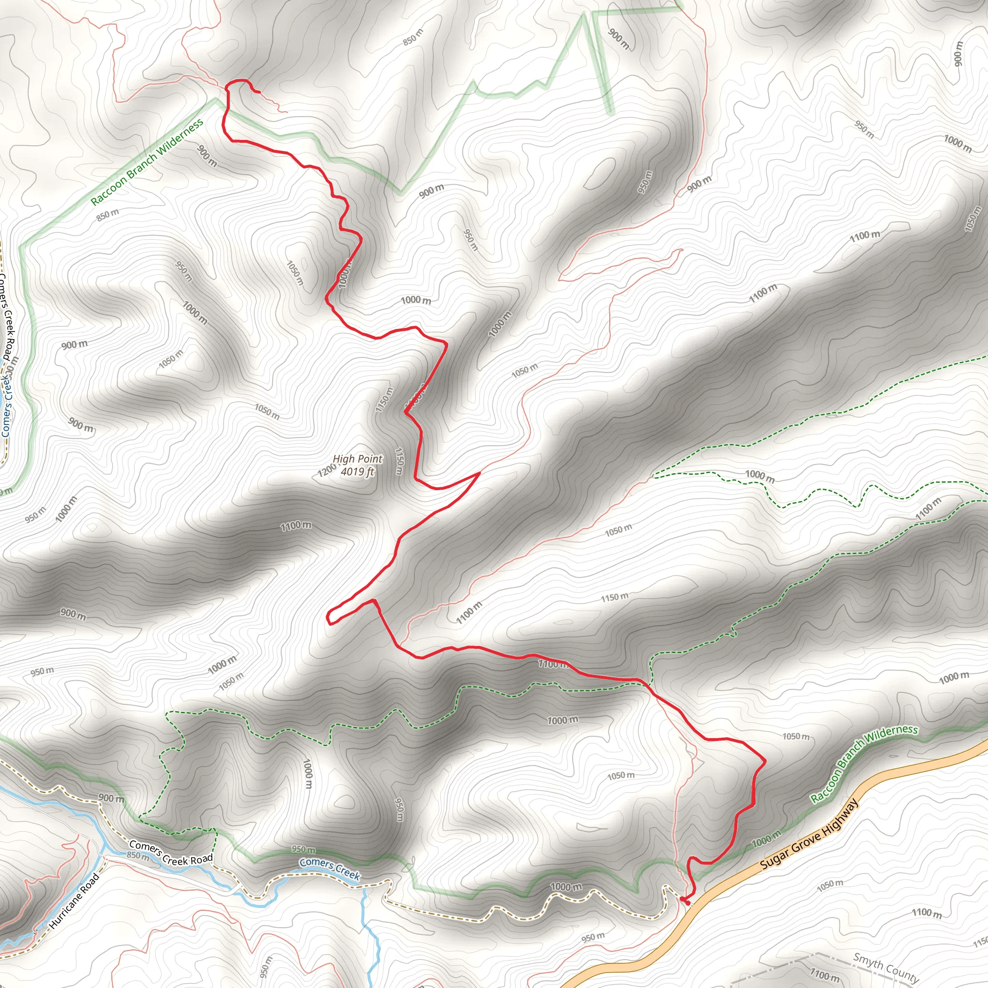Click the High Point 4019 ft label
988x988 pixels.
point(357,466)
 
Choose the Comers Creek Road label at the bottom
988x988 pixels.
point(170,852)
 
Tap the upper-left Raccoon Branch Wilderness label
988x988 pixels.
point(147,162)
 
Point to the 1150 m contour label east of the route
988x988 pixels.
point(614,597)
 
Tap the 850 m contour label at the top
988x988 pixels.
point(412,37)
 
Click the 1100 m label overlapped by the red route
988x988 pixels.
point(552,664)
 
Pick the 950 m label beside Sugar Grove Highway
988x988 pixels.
point(593,937)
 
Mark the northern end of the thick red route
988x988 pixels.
point(259,92)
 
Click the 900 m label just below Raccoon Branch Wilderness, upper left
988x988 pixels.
point(207,156)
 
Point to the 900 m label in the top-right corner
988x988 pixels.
point(957,53)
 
